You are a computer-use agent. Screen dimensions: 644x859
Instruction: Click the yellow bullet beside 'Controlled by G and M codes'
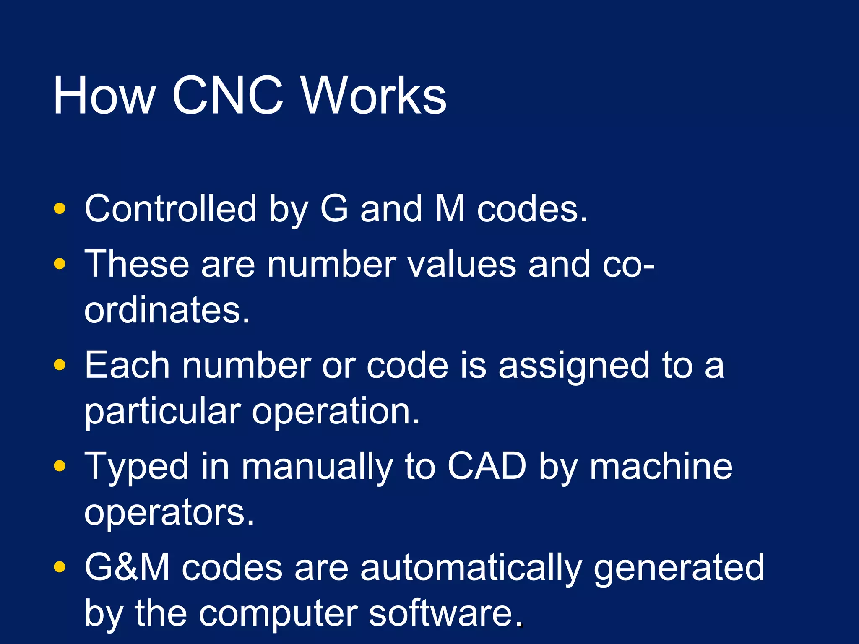click(60, 208)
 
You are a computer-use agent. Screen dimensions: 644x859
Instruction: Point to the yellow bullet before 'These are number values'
click(60, 264)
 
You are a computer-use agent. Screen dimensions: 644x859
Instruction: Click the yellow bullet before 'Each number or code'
click(60, 365)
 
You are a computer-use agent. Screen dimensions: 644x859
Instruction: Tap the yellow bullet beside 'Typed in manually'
click(60, 466)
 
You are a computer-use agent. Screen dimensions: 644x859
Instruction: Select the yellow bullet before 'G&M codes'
click(60, 567)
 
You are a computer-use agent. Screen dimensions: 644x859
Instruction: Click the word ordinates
click(167, 310)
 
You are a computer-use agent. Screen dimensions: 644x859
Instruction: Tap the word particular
click(163, 412)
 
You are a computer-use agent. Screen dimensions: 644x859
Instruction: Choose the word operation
click(336, 412)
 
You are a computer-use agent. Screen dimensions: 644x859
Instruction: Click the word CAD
click(487, 466)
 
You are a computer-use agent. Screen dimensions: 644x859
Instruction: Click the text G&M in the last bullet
click(127, 567)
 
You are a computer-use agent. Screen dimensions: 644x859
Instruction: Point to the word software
click(441, 613)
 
